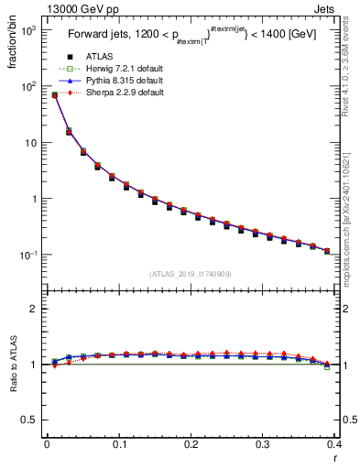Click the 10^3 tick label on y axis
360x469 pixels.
[x=27, y=30]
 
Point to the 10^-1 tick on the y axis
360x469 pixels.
[x=27, y=255]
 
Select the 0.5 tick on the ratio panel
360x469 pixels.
[x=31, y=420]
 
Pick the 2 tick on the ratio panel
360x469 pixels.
[x=35, y=309]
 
